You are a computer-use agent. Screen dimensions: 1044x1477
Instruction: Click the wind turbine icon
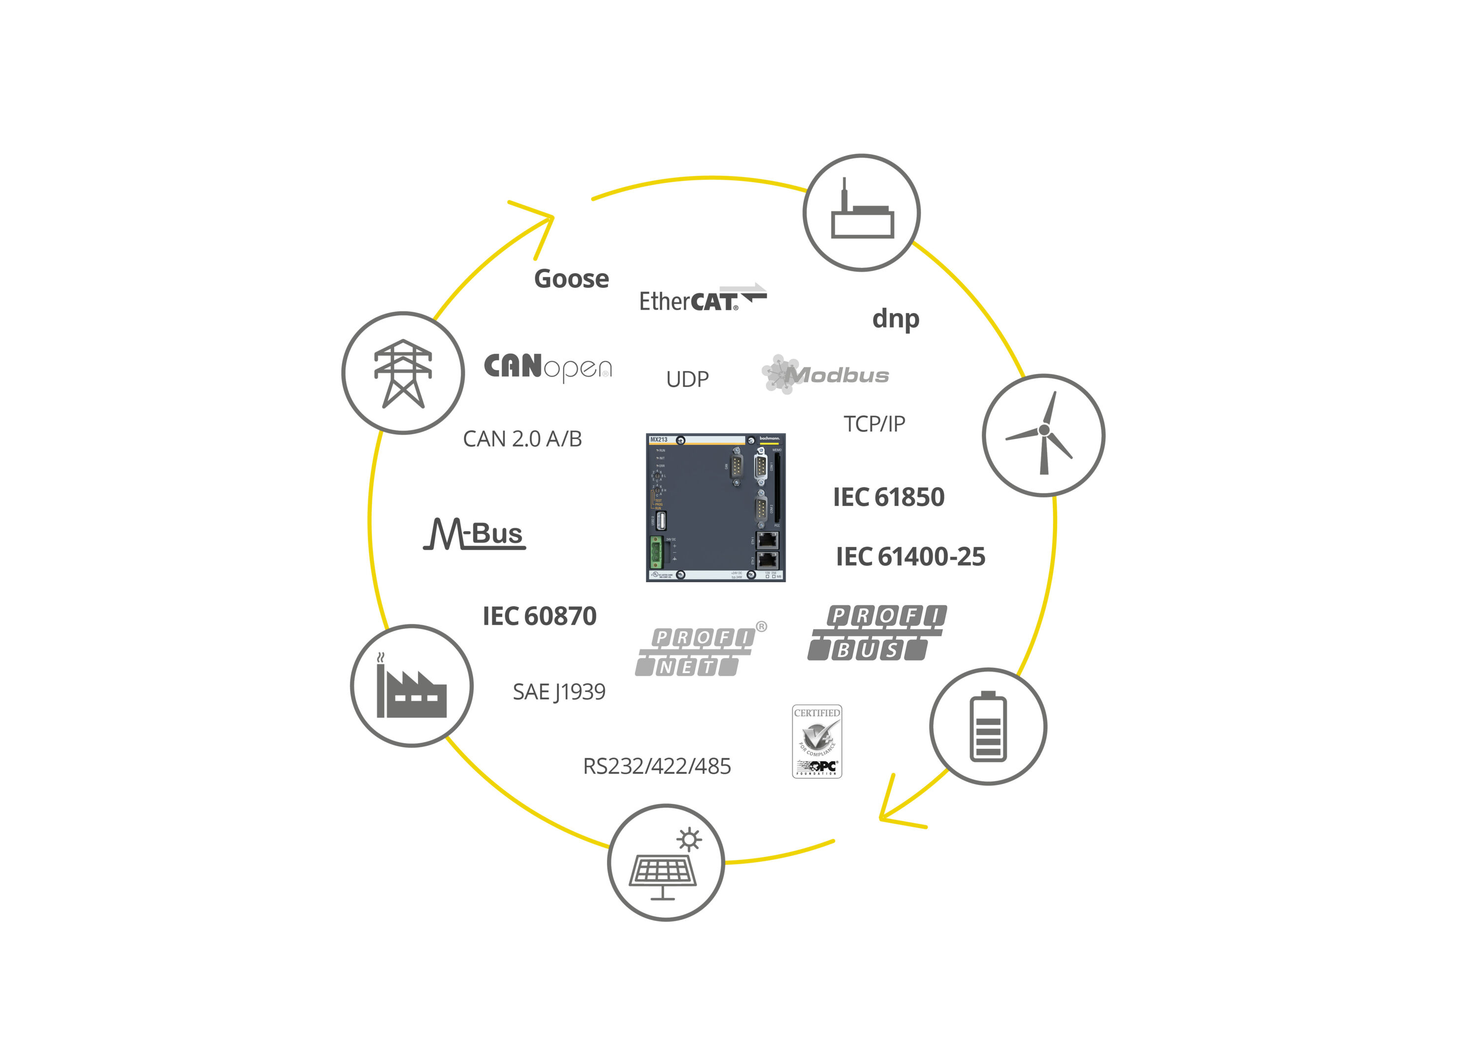pyautogui.click(x=1043, y=436)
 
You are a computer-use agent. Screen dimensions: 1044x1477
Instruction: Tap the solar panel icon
pyautogui.click(x=666, y=862)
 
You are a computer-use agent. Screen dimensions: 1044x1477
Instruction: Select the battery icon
pyautogui.click(x=988, y=726)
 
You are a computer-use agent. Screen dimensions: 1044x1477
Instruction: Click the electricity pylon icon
pyautogui.click(x=403, y=373)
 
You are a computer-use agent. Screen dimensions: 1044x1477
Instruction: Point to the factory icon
pyautogui.click(x=412, y=686)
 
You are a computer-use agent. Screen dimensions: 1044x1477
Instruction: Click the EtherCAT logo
pyautogui.click(x=703, y=299)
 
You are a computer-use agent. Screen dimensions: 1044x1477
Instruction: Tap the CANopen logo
pyautogui.click(x=547, y=367)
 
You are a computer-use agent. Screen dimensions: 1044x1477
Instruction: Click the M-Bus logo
pyautogui.click(x=475, y=535)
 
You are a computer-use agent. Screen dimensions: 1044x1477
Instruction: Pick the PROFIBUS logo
pyautogui.click(x=877, y=633)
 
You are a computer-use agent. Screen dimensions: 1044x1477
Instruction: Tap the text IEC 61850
pyautogui.click(x=888, y=497)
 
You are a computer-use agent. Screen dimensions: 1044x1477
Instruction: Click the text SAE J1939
pyautogui.click(x=559, y=692)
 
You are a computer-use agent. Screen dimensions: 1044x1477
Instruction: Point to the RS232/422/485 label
pyautogui.click(x=657, y=766)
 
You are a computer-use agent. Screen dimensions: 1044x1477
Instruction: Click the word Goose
pyautogui.click(x=571, y=279)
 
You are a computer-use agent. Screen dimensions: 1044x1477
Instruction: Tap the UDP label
pyautogui.click(x=687, y=380)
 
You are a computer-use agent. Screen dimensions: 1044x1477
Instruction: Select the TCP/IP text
pyautogui.click(x=874, y=424)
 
